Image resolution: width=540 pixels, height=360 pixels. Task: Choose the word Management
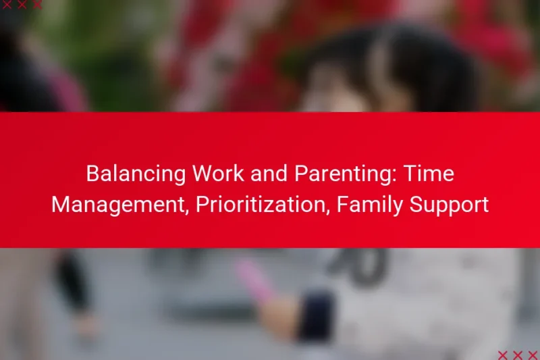click(117, 205)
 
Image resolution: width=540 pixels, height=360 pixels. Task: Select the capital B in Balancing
click(92, 174)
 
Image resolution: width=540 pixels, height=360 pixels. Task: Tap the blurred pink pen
click(250, 277)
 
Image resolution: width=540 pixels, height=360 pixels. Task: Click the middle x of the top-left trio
click(21, 5)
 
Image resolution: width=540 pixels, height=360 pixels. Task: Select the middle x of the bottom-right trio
click(517, 355)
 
